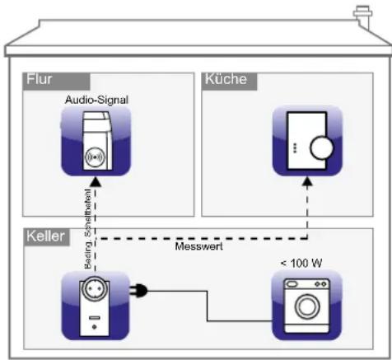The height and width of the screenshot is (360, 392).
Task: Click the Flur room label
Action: (x=40, y=81)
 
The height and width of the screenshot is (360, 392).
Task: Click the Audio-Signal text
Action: (x=96, y=100)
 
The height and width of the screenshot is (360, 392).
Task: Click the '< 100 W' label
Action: (x=301, y=261)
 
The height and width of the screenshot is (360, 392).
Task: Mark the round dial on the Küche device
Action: (x=320, y=149)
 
